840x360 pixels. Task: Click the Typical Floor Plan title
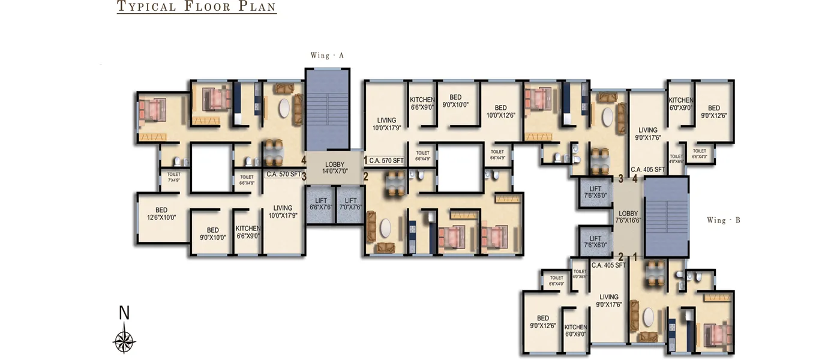point(196,7)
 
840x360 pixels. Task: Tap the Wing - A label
point(327,56)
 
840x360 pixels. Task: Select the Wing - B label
point(723,220)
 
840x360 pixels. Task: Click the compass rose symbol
point(124,341)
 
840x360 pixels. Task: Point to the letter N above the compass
point(124,313)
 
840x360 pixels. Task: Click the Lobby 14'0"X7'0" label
point(335,168)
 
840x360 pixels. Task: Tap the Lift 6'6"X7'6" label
point(321,204)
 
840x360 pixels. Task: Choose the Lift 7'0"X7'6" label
point(351,204)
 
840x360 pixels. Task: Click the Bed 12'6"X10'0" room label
point(161,214)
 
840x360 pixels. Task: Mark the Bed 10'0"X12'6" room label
point(501,112)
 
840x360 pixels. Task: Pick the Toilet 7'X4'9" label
point(174,178)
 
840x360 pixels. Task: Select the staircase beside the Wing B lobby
point(666,216)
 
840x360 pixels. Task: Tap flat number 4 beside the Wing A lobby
point(304,160)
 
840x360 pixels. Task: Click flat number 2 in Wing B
point(622,256)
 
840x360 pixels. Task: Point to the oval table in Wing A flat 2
point(385,228)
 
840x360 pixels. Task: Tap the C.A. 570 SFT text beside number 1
point(386,160)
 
